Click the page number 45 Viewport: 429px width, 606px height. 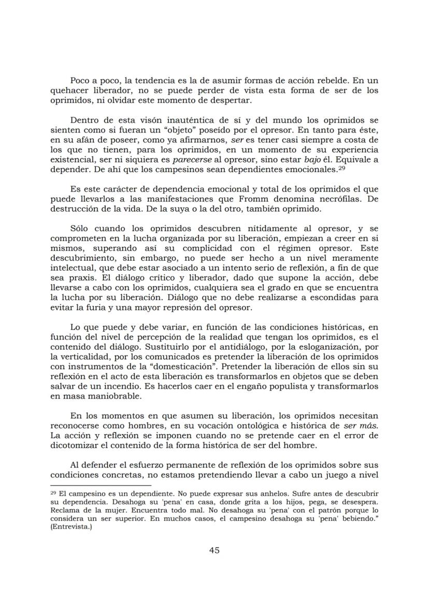(x=214, y=550)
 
